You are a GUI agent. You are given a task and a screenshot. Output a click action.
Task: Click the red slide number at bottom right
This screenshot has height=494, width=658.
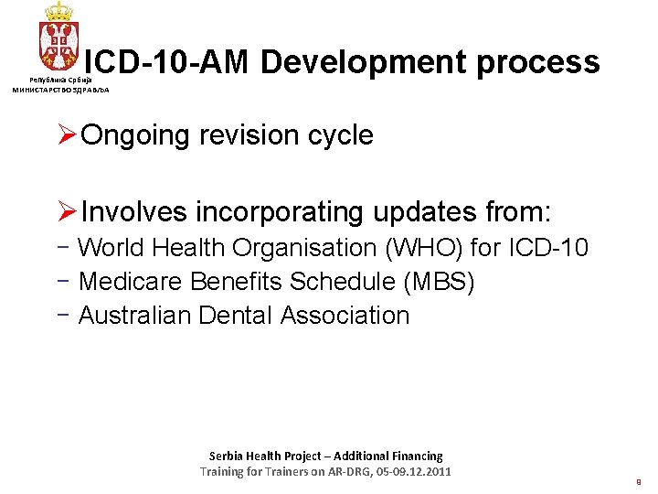click(x=638, y=479)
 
